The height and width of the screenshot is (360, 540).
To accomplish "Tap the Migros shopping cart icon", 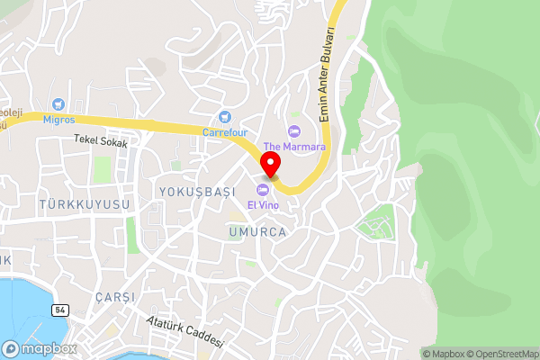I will click(58, 105).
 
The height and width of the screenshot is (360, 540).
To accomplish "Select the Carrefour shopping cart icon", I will click(225, 116).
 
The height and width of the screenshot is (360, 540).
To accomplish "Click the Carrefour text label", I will click(225, 132).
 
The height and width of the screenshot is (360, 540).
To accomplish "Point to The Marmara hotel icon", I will click(292, 130).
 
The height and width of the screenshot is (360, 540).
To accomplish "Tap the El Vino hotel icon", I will click(263, 190).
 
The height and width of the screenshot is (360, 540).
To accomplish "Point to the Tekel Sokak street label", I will click(101, 141).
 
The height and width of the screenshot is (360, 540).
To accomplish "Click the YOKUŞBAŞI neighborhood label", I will click(195, 192).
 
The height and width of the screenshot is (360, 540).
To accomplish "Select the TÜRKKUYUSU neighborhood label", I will click(85, 205).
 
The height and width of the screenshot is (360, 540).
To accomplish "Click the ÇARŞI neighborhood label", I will click(115, 297).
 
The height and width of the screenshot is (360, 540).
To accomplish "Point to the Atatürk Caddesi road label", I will click(184, 333).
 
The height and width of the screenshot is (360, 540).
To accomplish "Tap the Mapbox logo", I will click(40, 348).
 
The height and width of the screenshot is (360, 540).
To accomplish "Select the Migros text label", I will click(58, 120).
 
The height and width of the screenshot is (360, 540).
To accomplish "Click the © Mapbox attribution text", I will click(442, 354).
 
